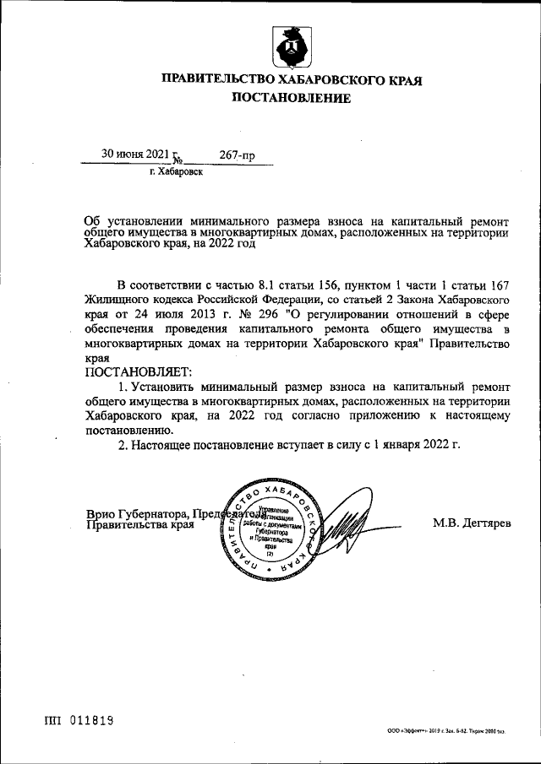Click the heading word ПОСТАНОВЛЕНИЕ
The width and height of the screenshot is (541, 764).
click(x=291, y=99)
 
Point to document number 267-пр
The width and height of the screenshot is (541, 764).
click(x=237, y=154)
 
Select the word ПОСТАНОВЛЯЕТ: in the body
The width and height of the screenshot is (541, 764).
click(x=139, y=371)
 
